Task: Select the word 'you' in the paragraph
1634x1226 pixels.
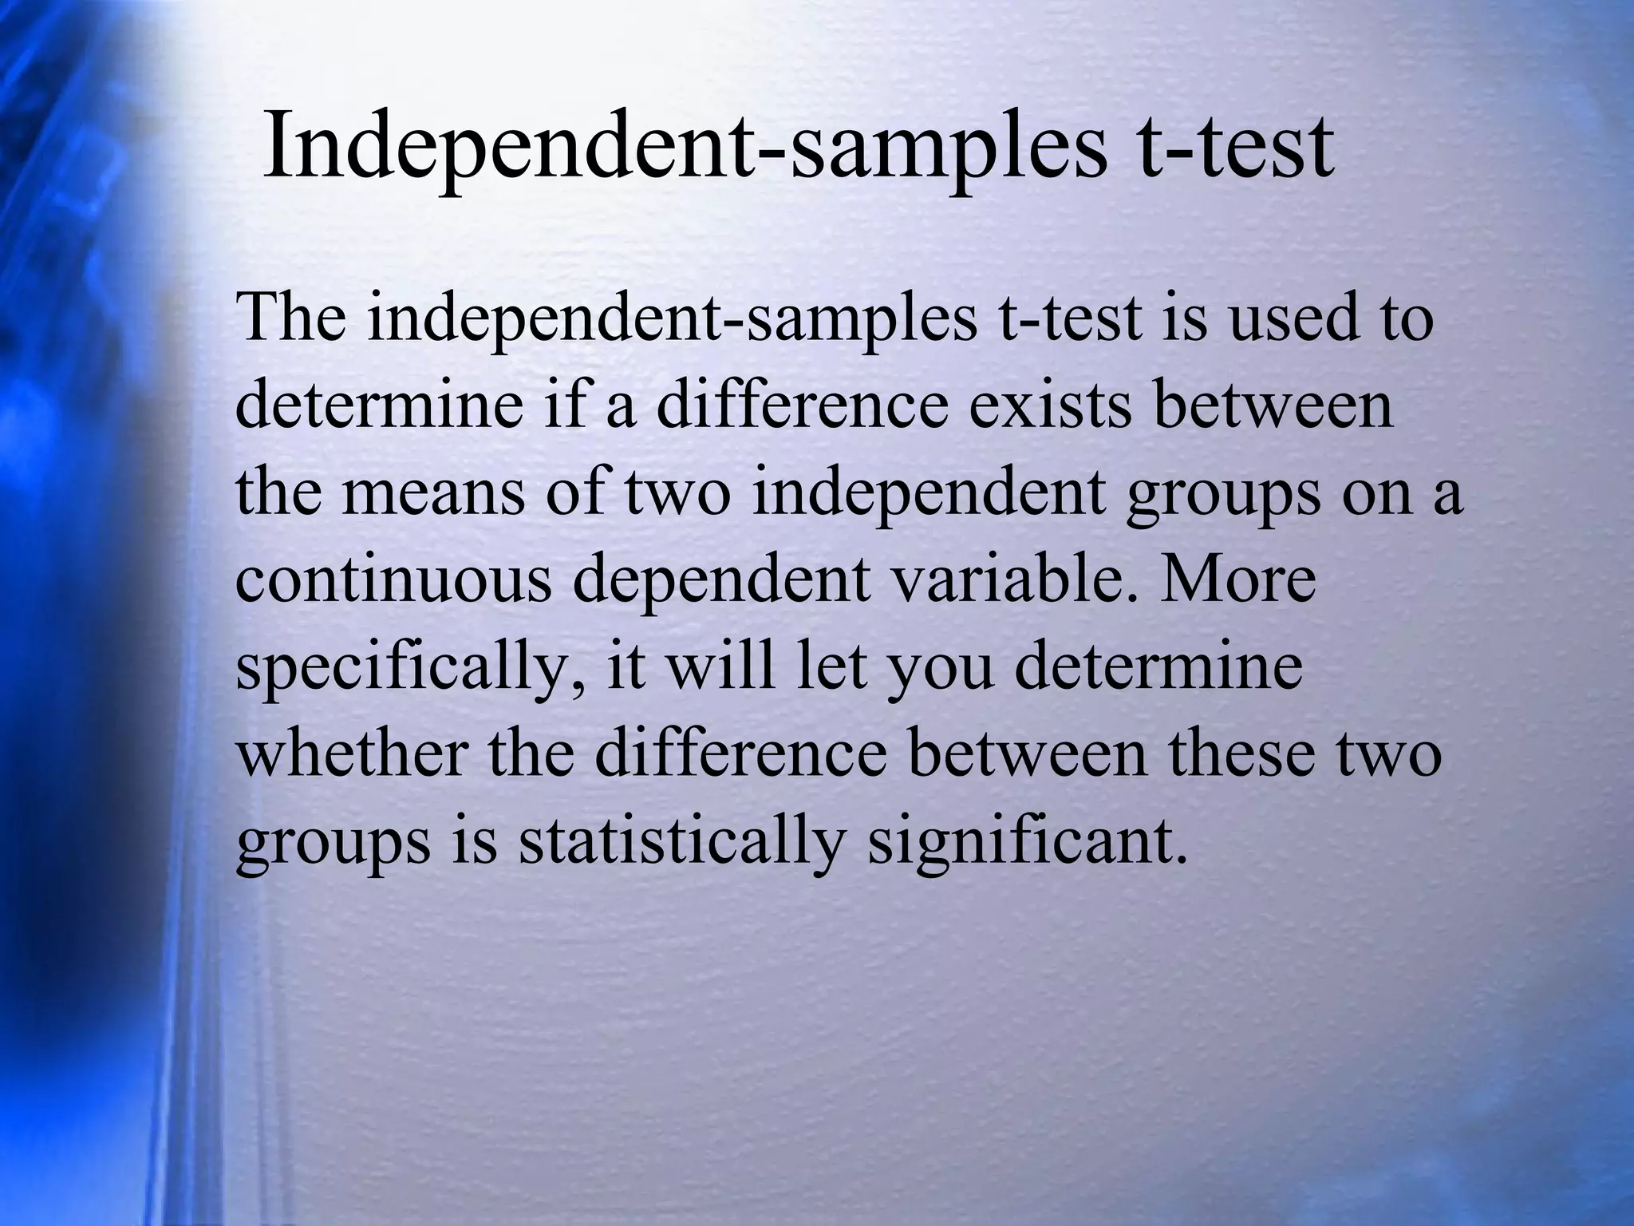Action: coord(942,669)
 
